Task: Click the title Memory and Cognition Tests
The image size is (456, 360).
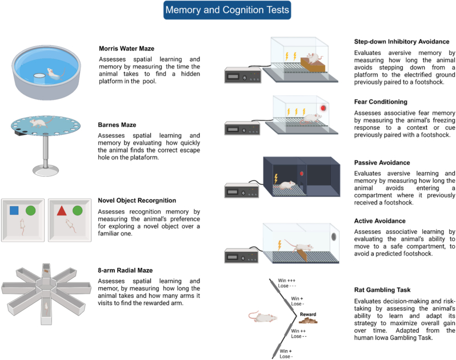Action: [x=227, y=10]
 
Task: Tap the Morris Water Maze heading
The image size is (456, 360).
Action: [x=126, y=49]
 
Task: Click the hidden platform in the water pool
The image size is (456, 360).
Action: [x=39, y=78]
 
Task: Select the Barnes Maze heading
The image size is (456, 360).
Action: [x=117, y=125]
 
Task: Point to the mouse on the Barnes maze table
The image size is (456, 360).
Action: [x=40, y=122]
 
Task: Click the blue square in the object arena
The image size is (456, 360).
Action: [x=14, y=210]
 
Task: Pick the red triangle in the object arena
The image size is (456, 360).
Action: [x=62, y=210]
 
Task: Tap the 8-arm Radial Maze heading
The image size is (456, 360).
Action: [x=125, y=270]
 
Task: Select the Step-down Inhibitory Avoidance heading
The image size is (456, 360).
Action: [x=402, y=42]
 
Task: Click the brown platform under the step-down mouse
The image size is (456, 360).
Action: [x=313, y=65]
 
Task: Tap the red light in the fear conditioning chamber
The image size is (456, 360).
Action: [x=323, y=108]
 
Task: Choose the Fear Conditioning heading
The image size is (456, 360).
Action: [x=381, y=102]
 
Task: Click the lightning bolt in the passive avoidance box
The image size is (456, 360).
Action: [x=276, y=178]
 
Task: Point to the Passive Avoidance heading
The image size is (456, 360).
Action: [x=382, y=162]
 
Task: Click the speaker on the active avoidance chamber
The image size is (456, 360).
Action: [x=334, y=237]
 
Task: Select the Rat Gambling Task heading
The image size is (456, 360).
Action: [x=382, y=290]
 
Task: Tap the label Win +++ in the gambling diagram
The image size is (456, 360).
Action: [x=286, y=281]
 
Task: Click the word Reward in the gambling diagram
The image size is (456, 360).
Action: [x=308, y=314]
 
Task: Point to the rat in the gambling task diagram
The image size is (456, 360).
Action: [x=263, y=317]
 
